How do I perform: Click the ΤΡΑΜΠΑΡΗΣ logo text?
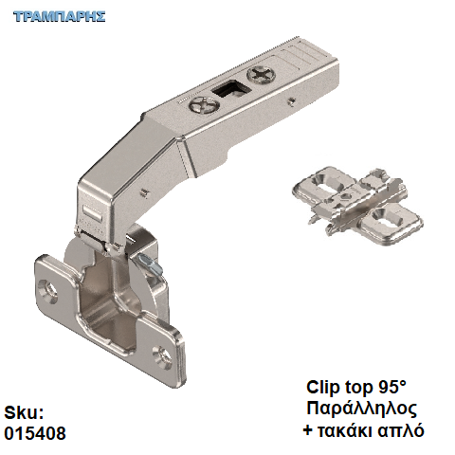coord(60,16)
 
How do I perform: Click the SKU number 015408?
coord(35,433)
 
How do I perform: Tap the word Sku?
coord(24,412)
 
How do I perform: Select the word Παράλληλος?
coord(361,409)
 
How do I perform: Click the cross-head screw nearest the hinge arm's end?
coord(262,75)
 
